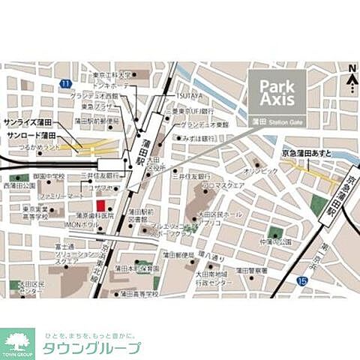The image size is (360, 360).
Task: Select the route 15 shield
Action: click(301, 280)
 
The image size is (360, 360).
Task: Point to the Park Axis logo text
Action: click(277, 90)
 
